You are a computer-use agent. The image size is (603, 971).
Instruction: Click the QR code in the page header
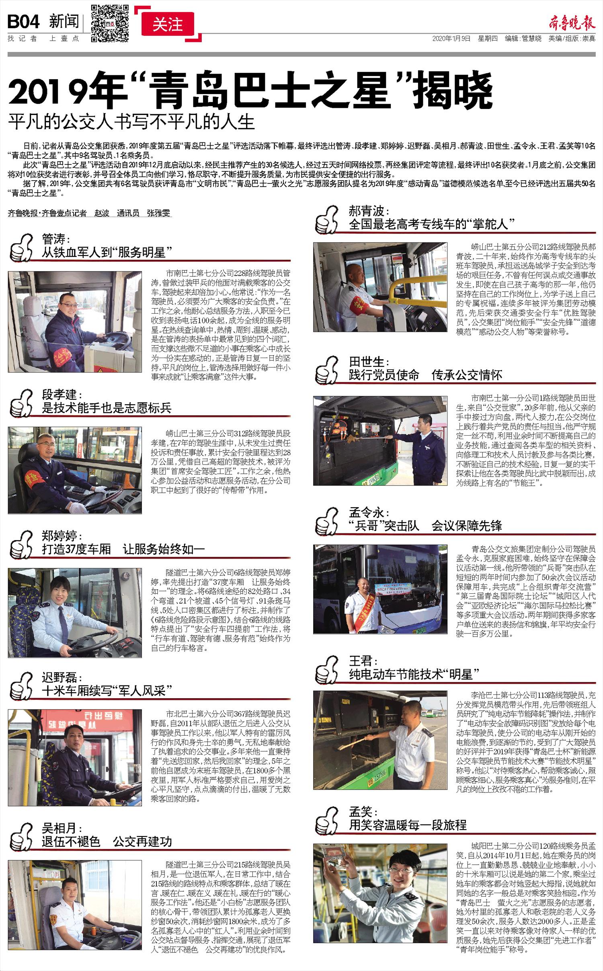coord(110,23)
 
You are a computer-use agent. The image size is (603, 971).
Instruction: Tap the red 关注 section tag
coord(168,25)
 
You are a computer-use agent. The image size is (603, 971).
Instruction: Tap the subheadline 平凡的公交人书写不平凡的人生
coord(132,121)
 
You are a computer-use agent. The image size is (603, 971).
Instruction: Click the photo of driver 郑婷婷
coord(75,613)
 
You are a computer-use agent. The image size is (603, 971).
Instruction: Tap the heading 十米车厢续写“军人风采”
coord(107,691)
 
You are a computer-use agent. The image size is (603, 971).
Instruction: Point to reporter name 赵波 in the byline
coord(102,213)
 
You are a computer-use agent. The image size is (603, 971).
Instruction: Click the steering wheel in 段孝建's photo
coord(103,498)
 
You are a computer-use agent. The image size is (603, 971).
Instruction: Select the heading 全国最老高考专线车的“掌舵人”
coord(432,224)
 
